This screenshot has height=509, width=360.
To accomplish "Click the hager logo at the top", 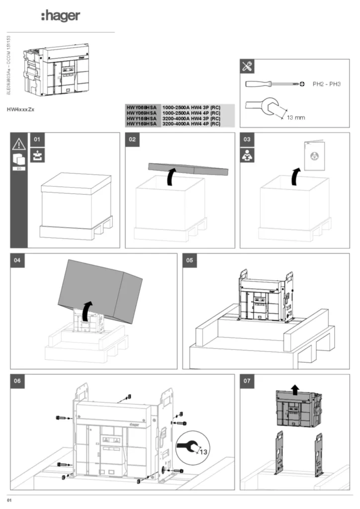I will tap(60, 16).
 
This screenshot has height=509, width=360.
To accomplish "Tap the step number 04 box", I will tap(18, 260).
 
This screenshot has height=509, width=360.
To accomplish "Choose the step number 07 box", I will tap(247, 381).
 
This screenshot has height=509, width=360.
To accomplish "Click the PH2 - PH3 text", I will tap(326, 85).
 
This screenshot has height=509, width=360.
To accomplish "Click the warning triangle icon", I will tap(18, 144).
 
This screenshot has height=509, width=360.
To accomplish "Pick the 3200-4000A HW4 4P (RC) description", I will tap(191, 124).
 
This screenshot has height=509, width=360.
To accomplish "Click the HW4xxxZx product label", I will tap(21, 108).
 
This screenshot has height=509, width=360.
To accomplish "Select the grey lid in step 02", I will tap(188, 170).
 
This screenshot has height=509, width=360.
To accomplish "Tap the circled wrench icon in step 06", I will tap(192, 446).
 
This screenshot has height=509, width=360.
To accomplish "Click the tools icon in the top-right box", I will tap(247, 66).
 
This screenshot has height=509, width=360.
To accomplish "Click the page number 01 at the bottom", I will tap(9, 499).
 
